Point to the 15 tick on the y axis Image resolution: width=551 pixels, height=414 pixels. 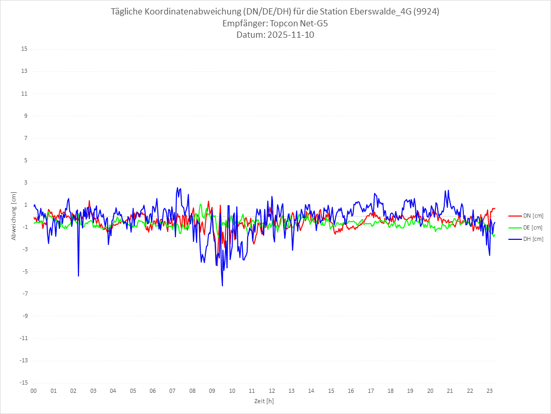click(24, 49)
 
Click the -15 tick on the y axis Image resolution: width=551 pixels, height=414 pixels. click(23, 382)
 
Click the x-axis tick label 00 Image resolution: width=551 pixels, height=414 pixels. click(34, 391)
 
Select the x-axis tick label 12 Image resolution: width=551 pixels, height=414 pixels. click(272, 391)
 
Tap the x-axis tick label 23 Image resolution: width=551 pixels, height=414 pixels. click(490, 391)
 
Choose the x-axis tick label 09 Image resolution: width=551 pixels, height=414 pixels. click(212, 391)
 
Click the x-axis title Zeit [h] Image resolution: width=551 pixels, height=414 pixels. click(264, 401)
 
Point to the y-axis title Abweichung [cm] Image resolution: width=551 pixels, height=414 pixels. click(14, 216)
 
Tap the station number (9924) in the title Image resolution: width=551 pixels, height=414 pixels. click(427, 12)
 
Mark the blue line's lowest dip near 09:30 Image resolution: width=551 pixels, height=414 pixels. click(222, 286)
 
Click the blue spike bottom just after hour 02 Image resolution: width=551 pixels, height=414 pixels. click(78, 276)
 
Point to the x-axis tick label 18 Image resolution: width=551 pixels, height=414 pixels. click(391, 391)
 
